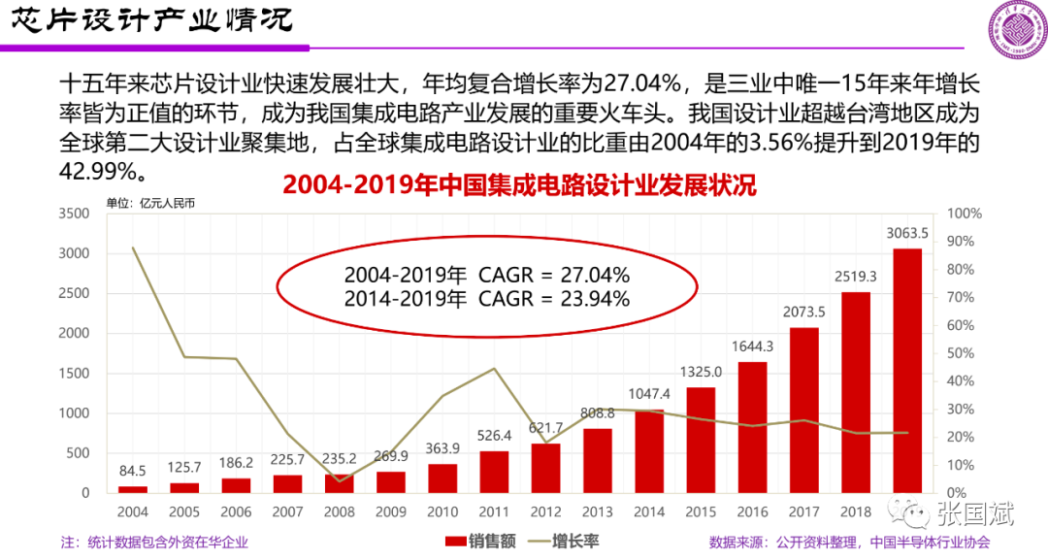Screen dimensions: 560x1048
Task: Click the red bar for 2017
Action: click(x=803, y=410)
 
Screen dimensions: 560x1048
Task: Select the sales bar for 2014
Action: click(x=648, y=451)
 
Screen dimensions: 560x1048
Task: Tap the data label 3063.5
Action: click(x=907, y=233)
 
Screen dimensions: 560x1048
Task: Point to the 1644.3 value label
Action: click(x=752, y=346)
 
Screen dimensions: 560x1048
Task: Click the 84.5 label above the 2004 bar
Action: click(x=133, y=472)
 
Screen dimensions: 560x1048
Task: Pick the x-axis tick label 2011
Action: click(x=493, y=511)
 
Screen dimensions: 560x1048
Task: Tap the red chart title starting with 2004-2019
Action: click(x=519, y=185)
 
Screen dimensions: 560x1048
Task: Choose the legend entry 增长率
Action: click(x=560, y=542)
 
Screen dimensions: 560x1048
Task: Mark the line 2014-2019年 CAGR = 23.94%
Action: click(x=487, y=299)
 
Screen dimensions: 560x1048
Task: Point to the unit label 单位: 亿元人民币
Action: click(x=150, y=204)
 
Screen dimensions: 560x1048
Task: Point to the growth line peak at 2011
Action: click(x=494, y=369)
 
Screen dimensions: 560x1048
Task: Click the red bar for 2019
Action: click(x=907, y=371)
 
